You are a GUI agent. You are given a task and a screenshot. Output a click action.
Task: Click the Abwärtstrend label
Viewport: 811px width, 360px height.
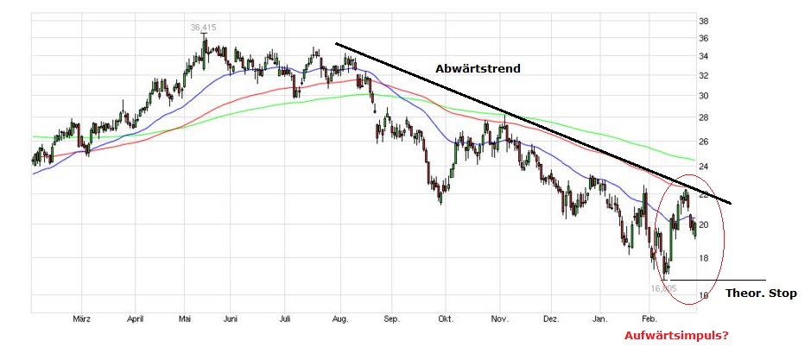click(478, 68)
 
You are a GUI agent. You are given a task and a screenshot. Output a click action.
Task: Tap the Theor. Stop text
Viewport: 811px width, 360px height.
click(761, 294)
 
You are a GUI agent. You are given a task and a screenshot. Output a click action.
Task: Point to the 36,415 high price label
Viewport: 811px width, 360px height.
click(204, 27)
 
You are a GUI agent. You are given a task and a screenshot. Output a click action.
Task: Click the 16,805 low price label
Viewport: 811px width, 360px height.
click(664, 288)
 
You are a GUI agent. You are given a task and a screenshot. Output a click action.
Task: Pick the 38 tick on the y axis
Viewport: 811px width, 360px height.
click(704, 21)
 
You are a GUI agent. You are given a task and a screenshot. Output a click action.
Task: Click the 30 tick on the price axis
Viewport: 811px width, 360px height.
click(704, 96)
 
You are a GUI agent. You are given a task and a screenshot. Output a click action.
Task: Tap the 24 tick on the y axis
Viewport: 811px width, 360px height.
click(704, 167)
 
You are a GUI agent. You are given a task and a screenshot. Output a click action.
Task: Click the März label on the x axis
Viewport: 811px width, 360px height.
click(82, 318)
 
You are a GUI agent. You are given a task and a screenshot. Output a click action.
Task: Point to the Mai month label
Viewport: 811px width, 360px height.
click(184, 318)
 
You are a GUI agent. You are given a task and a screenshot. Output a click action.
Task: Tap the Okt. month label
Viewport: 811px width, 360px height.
click(446, 318)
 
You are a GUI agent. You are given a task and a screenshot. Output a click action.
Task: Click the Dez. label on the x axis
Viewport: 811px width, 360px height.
click(550, 318)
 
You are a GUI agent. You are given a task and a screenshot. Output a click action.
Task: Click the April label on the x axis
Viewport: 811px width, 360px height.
click(134, 318)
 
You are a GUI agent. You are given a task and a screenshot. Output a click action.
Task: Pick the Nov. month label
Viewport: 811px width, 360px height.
click(498, 318)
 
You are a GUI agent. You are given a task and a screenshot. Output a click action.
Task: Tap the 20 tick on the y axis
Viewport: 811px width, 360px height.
click(704, 225)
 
